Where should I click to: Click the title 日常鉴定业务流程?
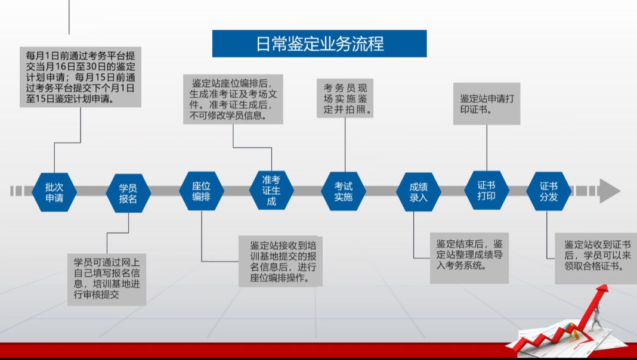click(x=319, y=44)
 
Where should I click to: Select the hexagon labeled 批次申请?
click(x=54, y=192)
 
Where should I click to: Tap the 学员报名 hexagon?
click(x=128, y=193)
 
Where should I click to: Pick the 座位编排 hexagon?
click(x=202, y=191)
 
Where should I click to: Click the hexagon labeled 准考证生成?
click(x=271, y=190)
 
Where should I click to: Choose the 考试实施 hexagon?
click(x=344, y=191)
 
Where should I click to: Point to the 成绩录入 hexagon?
click(x=419, y=192)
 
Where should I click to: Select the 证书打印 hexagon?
click(x=487, y=190)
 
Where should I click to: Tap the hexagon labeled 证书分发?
click(x=549, y=191)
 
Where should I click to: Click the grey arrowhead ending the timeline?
click(x=609, y=191)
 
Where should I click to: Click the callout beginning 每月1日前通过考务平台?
click(x=81, y=77)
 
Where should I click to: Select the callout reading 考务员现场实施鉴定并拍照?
click(x=345, y=98)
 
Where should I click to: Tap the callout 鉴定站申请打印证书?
click(x=487, y=104)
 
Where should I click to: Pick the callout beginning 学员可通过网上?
click(x=107, y=280)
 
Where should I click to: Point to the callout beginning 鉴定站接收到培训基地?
click(x=281, y=262)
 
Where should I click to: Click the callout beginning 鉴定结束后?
click(x=469, y=258)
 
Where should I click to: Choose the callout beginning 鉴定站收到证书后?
click(x=596, y=259)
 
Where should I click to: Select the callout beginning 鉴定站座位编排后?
click(x=233, y=99)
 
